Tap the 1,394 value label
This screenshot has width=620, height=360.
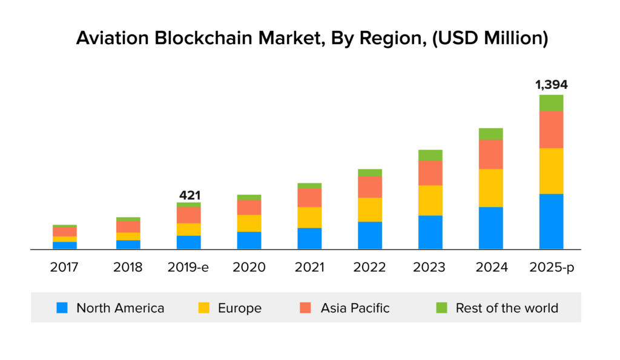(551, 85)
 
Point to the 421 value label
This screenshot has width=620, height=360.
(189, 195)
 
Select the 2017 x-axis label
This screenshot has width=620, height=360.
(65, 267)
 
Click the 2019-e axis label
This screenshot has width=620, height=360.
(189, 267)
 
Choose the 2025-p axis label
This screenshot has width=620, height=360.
(551, 267)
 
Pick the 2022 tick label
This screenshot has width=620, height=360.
(370, 267)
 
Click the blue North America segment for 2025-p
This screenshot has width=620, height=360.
(551, 221)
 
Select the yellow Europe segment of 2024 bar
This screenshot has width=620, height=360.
(490, 188)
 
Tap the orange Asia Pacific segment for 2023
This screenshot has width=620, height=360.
(430, 172)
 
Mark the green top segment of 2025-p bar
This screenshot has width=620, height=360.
(551, 103)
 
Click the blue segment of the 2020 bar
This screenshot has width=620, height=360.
(249, 240)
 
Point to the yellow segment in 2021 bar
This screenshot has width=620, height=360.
(309, 217)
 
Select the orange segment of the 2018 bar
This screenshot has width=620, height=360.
(128, 227)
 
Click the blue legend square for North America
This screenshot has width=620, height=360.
(62, 308)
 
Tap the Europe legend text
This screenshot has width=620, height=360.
(240, 308)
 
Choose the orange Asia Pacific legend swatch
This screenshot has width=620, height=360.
(306, 308)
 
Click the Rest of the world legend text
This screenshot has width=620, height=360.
(507, 308)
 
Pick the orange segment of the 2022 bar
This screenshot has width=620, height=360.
(370, 187)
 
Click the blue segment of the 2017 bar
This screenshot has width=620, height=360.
(65, 245)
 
